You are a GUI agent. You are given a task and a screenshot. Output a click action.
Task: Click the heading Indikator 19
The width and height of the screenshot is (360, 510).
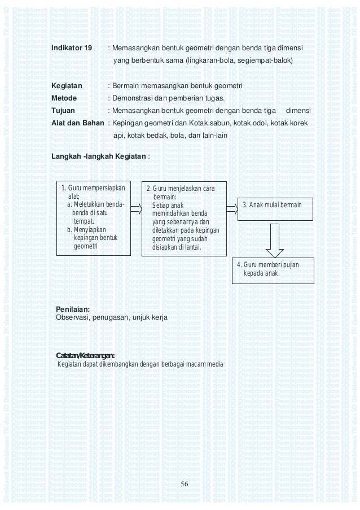pos(72,48)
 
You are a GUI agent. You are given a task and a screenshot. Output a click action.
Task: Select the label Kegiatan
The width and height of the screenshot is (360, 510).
pos(67,85)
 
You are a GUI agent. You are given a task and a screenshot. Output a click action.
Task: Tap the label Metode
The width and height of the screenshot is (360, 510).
pos(64,98)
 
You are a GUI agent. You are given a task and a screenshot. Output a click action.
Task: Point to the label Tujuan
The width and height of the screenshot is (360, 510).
pos(63,110)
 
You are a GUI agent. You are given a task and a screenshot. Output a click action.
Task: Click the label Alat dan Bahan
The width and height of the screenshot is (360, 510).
pos(77,123)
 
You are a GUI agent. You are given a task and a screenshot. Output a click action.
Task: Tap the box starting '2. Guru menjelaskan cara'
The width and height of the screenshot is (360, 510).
pos(183,219)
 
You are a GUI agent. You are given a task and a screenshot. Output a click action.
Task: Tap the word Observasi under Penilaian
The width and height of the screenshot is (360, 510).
pos(72,318)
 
